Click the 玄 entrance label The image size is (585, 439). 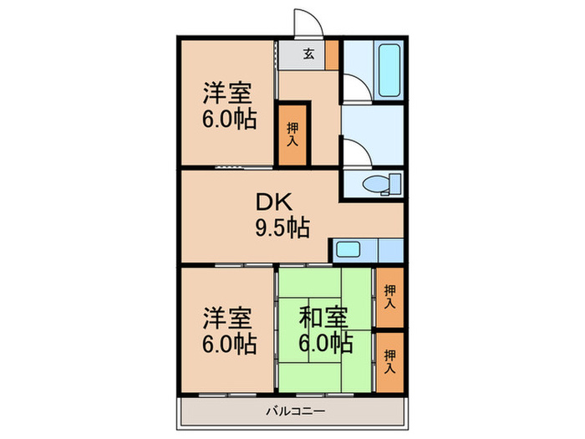pos(308,54)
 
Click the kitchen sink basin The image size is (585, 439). pos(346,249)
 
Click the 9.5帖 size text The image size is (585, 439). pos(282,226)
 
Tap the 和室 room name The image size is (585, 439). pos(323,317)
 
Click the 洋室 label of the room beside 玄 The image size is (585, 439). pos(228,92)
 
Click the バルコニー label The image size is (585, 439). pos(296,411)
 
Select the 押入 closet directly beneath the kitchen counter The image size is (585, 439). pos(389,295)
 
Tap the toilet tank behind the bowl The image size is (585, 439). pos(394,184)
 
